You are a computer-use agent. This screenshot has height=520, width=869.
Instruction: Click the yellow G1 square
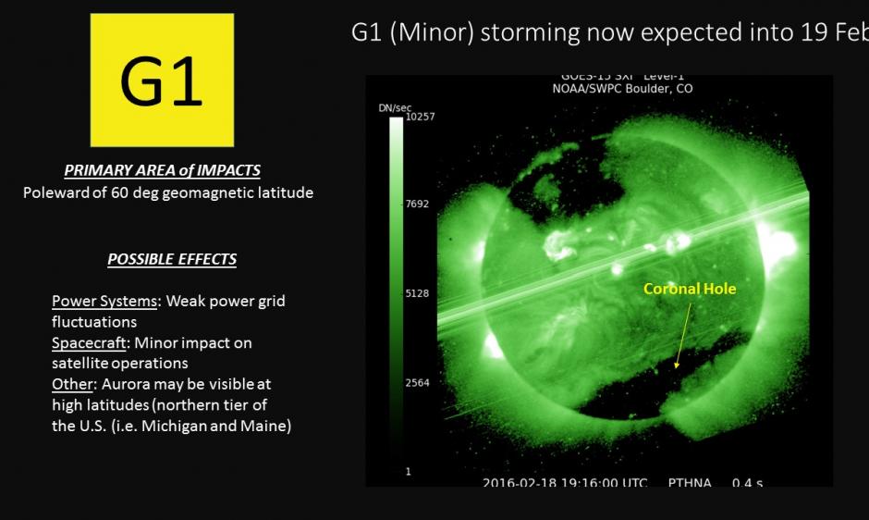(x=162, y=80)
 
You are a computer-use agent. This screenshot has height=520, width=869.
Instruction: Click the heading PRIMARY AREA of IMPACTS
(x=162, y=170)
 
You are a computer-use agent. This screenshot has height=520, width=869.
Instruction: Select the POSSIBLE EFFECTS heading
(x=172, y=259)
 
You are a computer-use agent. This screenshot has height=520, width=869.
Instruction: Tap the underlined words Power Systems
(x=104, y=302)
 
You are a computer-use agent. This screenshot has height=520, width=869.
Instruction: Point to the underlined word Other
(x=70, y=383)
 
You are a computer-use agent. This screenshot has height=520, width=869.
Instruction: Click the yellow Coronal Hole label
(x=690, y=290)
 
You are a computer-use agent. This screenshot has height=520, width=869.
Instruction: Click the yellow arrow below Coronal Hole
(x=684, y=335)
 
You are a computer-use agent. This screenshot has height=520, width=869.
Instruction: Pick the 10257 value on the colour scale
(x=420, y=117)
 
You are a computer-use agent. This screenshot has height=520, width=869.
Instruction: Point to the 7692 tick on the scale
(x=418, y=204)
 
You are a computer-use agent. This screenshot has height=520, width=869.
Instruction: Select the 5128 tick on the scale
(x=418, y=293)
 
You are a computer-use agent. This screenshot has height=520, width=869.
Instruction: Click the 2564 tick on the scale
(x=418, y=382)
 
